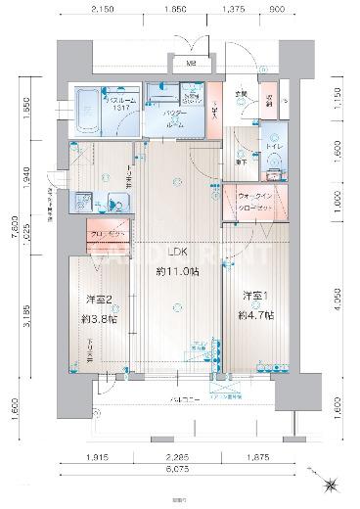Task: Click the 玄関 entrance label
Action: tap(240, 95)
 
